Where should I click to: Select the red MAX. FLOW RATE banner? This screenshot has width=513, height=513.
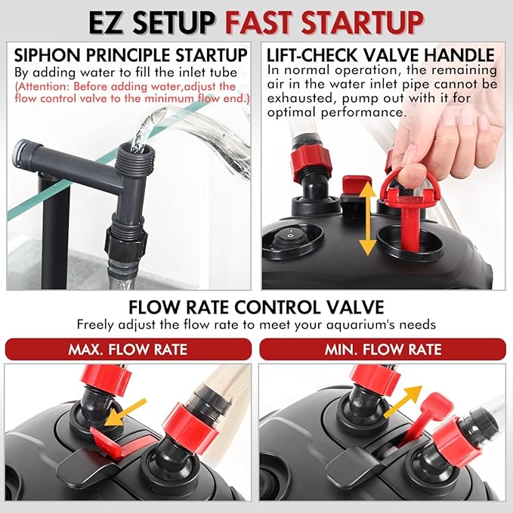tap(128, 349)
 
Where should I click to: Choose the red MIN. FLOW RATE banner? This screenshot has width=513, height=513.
tap(382, 349)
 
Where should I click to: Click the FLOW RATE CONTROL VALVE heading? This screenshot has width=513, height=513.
tap(256, 307)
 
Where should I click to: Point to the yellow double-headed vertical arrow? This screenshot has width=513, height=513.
tap(367, 218)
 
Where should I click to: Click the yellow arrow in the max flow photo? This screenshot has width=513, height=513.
tap(125, 413)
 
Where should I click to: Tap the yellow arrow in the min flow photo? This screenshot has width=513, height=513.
tap(403, 401)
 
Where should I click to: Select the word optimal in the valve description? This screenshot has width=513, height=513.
tap(292, 113)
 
